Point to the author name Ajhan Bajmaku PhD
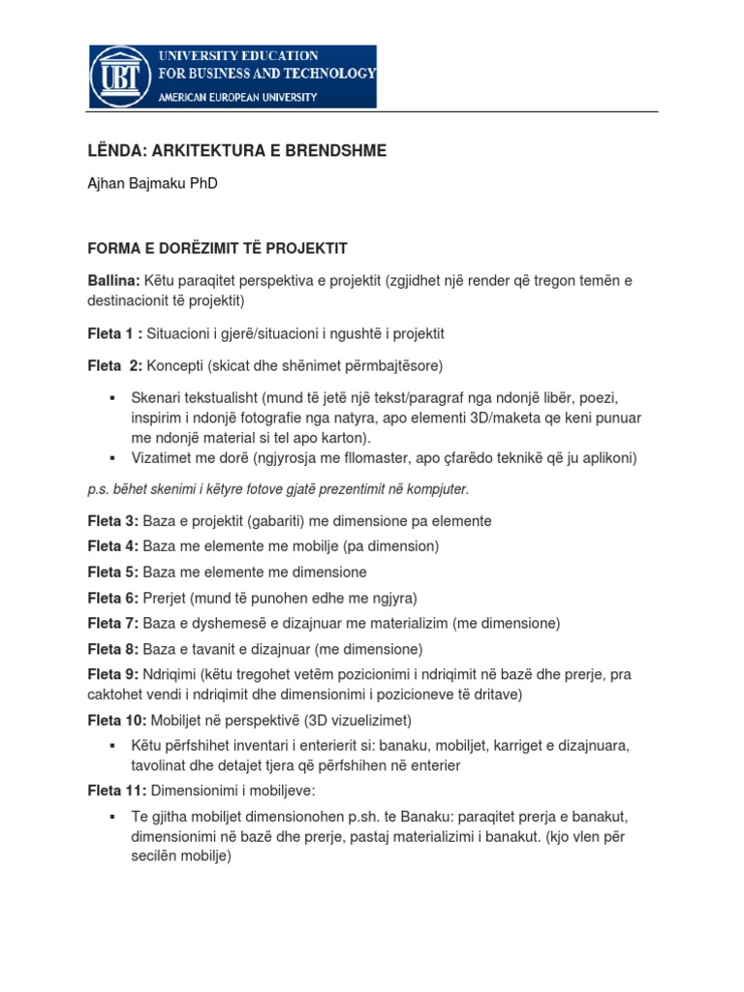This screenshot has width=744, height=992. [x=152, y=184]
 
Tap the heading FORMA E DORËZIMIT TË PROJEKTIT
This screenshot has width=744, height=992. [x=217, y=248]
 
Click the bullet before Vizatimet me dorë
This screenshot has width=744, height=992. [x=113, y=457]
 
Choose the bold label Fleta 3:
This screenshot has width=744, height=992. [x=113, y=521]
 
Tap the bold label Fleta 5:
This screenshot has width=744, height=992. [x=113, y=572]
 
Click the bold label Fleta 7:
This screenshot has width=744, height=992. [x=113, y=623]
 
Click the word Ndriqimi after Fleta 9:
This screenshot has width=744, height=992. [x=171, y=674]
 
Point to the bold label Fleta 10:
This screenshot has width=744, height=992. [x=117, y=720]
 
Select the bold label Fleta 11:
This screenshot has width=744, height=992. [x=116, y=791]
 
